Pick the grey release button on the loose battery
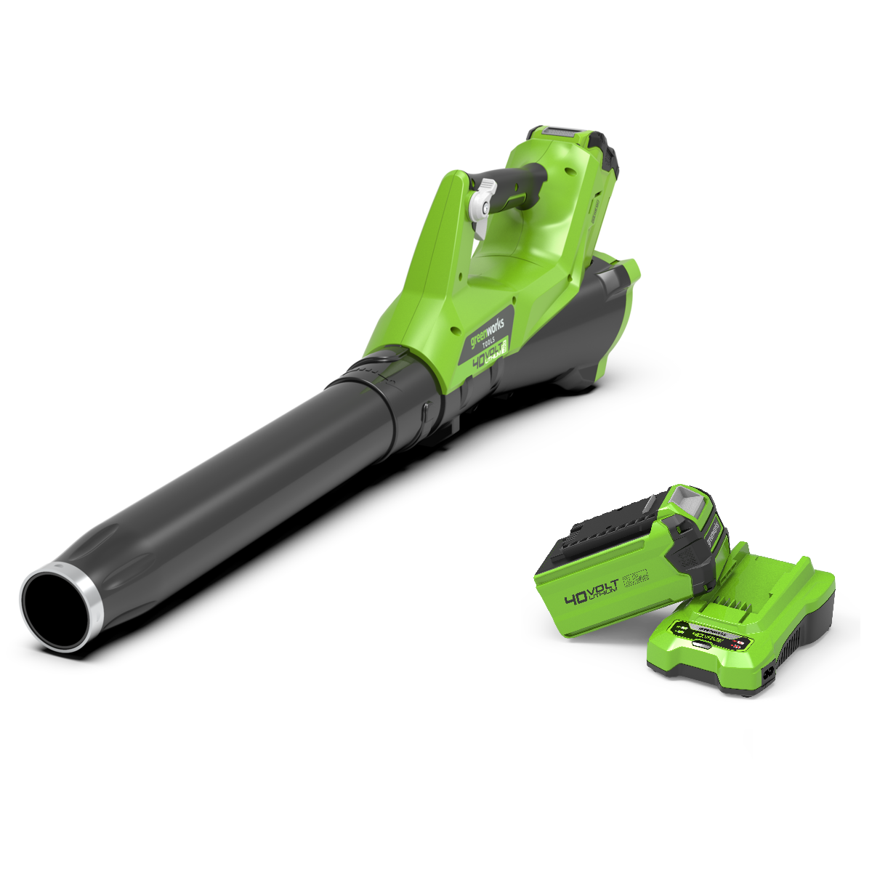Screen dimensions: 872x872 pyautogui.click(x=687, y=501)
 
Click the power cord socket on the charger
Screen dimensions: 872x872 pyautogui.click(x=767, y=677)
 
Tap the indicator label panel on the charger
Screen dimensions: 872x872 pyautogui.click(x=708, y=636)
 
